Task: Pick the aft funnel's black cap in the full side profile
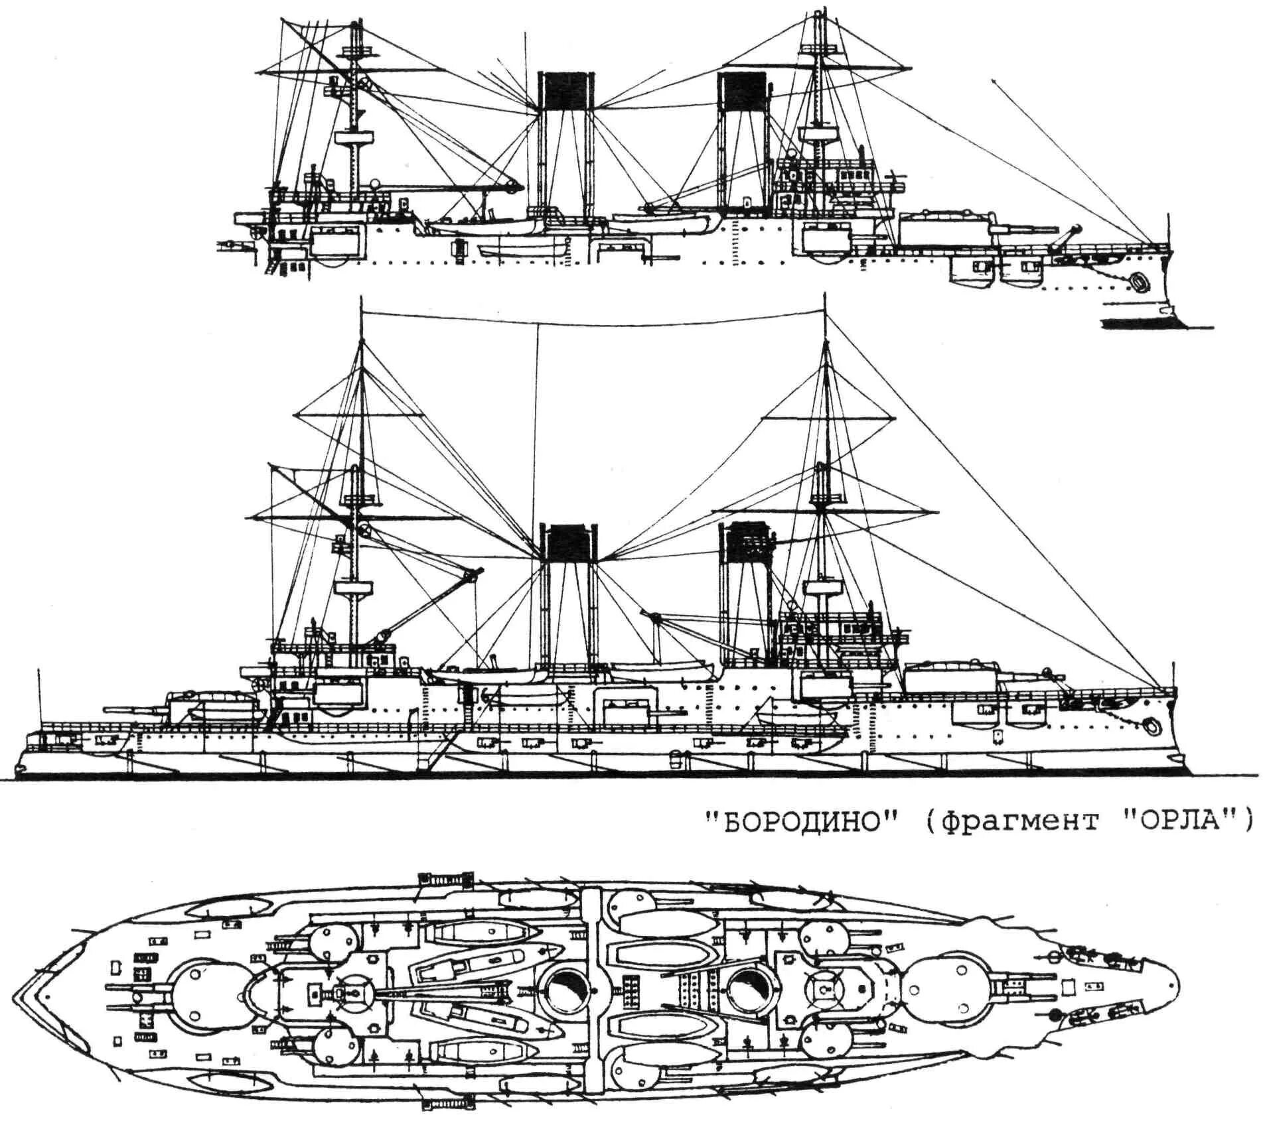pyautogui.click(x=568, y=543)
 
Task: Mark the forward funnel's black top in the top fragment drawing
pyautogui.click(x=740, y=90)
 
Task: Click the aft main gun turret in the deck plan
pyautogui.click(x=199, y=993)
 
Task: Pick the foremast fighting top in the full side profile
pyautogui.click(x=826, y=589)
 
